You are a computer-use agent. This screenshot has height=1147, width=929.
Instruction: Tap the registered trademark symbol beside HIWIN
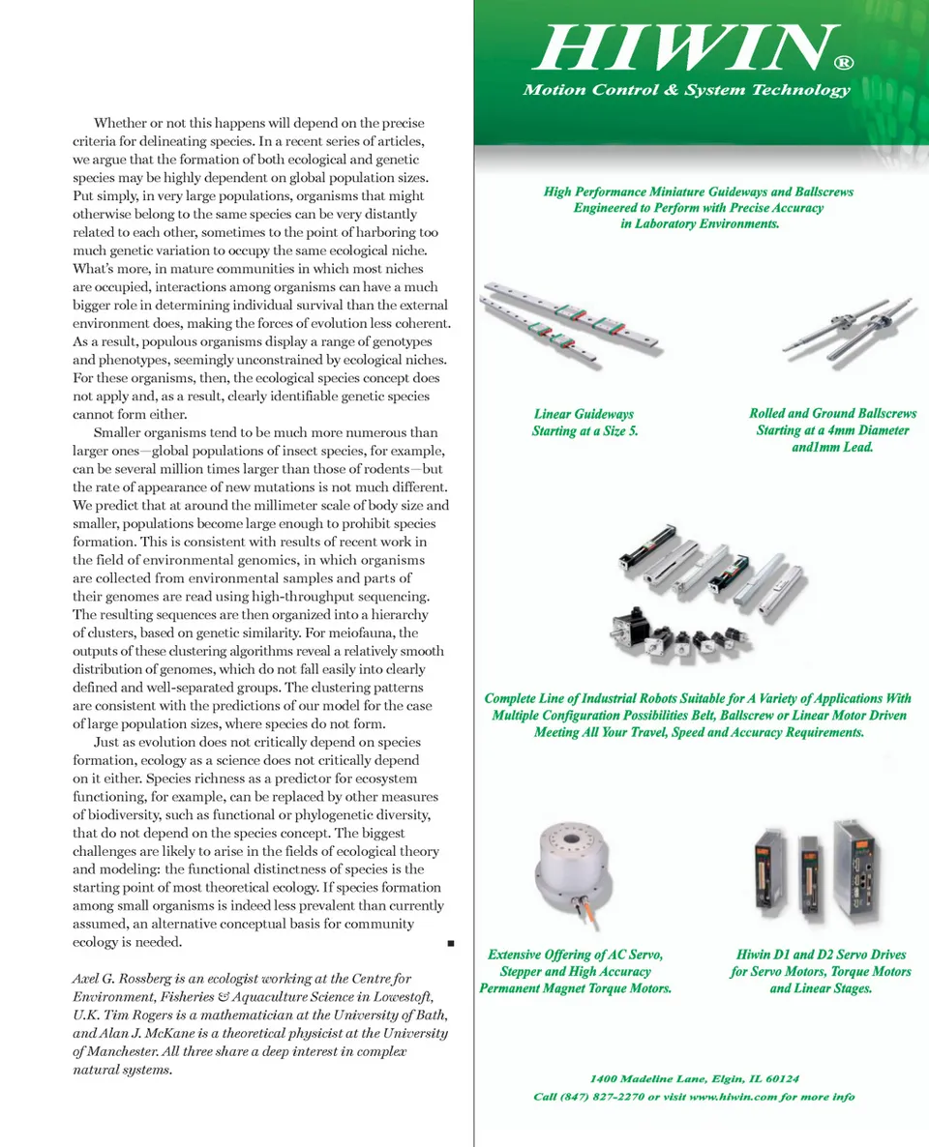843,63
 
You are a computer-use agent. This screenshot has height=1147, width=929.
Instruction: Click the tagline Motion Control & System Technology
686,90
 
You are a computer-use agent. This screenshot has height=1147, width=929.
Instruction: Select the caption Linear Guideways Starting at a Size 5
584,423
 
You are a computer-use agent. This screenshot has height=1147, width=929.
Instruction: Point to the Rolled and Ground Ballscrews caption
832,430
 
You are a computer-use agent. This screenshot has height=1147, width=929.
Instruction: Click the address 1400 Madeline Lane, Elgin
694,1078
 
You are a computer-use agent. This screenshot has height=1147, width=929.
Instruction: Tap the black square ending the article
452,943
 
